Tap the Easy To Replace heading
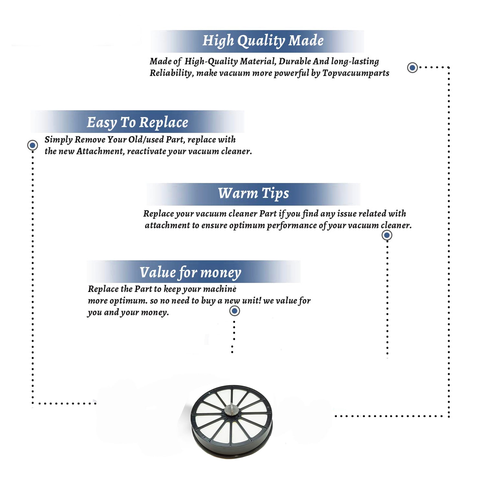pyautogui.click(x=137, y=123)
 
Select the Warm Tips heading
pyautogui.click(x=253, y=193)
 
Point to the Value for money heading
pyautogui.click(x=190, y=273)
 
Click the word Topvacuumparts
pyautogui.click(x=356, y=73)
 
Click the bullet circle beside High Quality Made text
pyautogui.click(x=412, y=68)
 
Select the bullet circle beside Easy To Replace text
pyautogui.click(x=32, y=145)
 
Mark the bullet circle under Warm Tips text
pyautogui.click(x=387, y=235)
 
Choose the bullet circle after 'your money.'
pyautogui.click(x=234, y=311)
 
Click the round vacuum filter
pyautogui.click(x=232, y=421)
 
